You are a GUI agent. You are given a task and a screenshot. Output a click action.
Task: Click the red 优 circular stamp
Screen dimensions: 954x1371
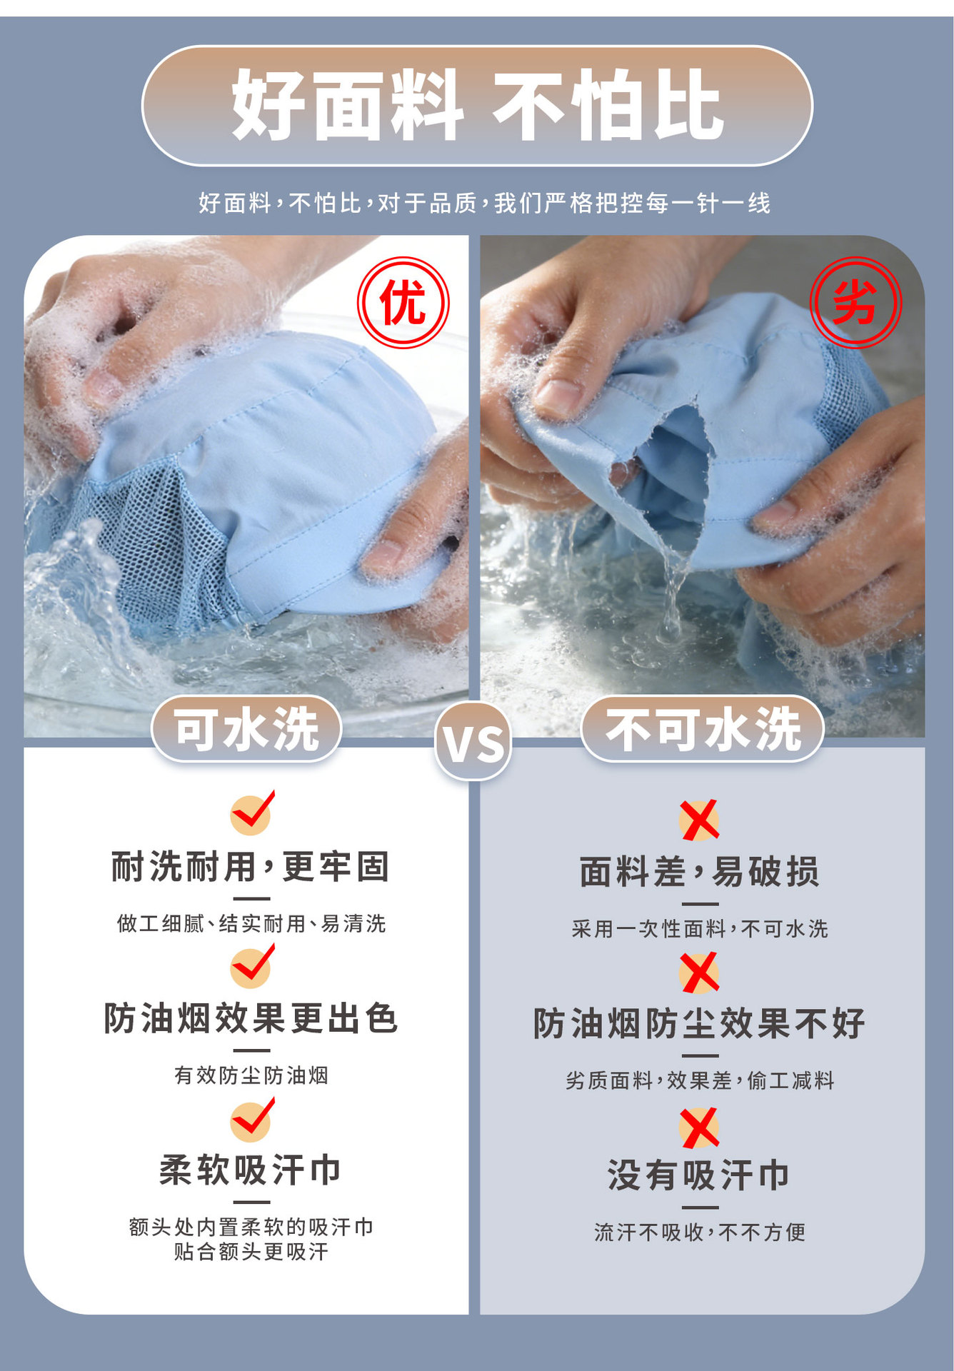pyautogui.click(x=403, y=303)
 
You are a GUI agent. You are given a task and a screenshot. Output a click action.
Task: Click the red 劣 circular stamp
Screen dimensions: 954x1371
pyautogui.click(x=855, y=303)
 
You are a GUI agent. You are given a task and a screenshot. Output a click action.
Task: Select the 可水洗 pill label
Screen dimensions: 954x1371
pyautogui.click(x=246, y=729)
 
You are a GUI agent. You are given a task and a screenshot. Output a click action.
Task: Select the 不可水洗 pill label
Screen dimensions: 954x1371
pyautogui.click(x=703, y=729)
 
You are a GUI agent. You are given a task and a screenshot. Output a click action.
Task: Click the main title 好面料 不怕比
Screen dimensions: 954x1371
pyautogui.click(x=477, y=106)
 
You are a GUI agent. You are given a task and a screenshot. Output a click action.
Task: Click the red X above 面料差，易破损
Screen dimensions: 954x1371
pyautogui.click(x=700, y=820)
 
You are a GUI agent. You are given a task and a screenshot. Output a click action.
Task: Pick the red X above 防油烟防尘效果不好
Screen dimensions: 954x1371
pyautogui.click(x=700, y=973)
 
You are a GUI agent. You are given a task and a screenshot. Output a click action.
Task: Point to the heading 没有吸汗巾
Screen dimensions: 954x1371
pyautogui.click(x=699, y=1175)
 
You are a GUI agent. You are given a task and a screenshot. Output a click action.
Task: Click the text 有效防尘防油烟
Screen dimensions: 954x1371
pyautogui.click(x=251, y=1075)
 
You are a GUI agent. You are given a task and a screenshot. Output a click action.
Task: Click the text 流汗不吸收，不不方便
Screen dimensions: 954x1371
pyautogui.click(x=700, y=1232)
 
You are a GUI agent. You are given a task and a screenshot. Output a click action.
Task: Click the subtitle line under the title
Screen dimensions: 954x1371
pyautogui.click(x=485, y=204)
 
